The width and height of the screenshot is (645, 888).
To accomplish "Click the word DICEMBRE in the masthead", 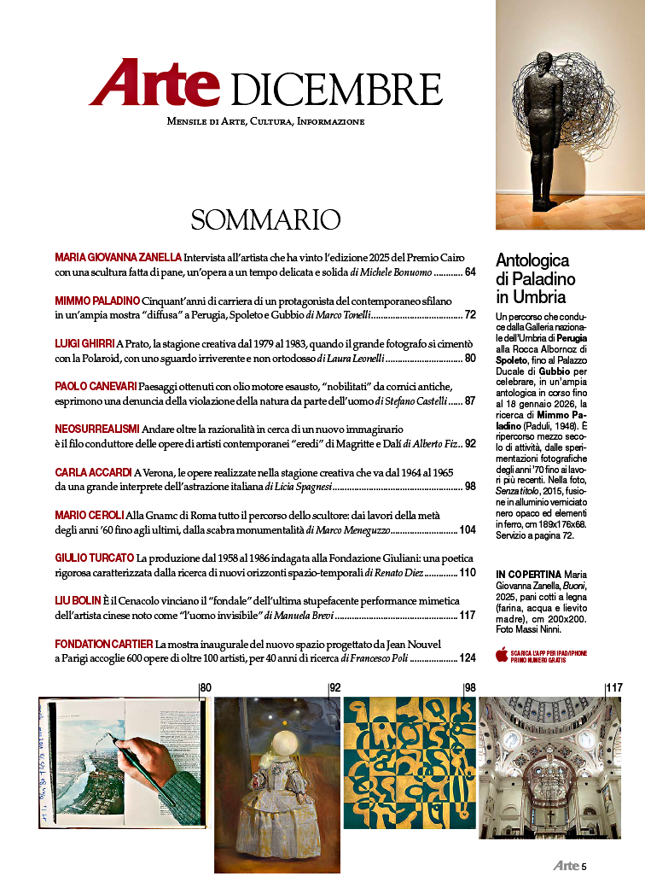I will click(x=336, y=89).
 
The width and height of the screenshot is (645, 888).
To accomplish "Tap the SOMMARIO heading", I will click(x=265, y=219).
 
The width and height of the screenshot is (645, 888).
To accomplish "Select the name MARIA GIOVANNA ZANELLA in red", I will click(x=118, y=257).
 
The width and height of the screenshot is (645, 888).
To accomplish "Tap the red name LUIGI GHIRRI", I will click(x=84, y=342).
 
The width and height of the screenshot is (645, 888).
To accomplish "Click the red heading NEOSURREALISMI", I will click(x=97, y=427).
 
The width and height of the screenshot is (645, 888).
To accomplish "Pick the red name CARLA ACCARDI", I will click(x=93, y=472).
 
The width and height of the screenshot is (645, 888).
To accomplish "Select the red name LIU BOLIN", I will click(x=79, y=601).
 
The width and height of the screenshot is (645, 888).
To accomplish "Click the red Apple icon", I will click(x=502, y=655).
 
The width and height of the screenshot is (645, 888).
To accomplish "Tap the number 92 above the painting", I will click(x=335, y=687).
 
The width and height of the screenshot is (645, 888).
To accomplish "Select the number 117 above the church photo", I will click(x=614, y=687).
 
